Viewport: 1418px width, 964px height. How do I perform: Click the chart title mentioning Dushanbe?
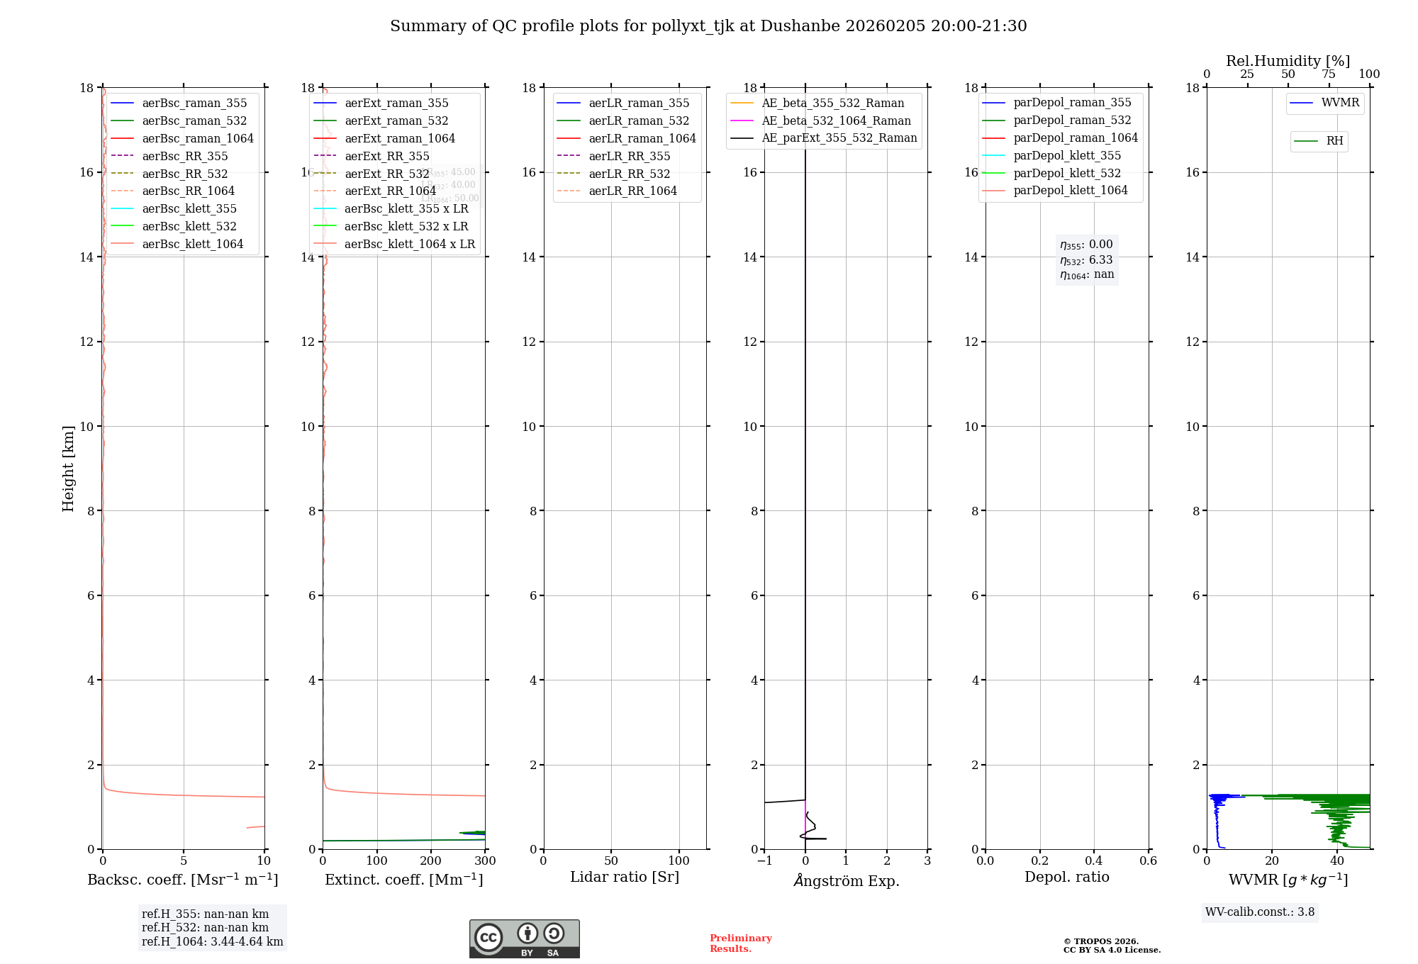[708, 26]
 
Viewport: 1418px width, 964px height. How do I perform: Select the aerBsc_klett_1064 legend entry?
[192, 244]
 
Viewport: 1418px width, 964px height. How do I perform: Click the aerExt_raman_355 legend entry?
[396, 103]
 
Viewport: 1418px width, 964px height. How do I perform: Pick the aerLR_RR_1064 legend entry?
[632, 191]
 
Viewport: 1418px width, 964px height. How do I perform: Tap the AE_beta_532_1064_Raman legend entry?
[836, 121]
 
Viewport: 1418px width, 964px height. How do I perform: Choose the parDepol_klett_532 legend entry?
[1067, 173]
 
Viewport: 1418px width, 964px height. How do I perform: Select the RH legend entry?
[1334, 141]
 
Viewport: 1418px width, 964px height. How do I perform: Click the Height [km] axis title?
[68, 469]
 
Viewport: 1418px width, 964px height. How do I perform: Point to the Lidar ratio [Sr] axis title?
[625, 878]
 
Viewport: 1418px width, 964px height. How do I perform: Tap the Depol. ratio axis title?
[1066, 878]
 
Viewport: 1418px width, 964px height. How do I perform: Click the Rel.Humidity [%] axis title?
[1288, 61]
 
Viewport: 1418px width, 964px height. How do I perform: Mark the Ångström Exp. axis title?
[846, 880]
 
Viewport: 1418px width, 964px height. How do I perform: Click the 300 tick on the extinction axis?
[485, 861]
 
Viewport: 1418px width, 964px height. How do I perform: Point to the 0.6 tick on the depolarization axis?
[1148, 861]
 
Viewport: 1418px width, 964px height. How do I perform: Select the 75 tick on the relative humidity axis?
[1329, 74]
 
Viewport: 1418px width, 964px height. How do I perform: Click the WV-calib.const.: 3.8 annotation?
[1260, 912]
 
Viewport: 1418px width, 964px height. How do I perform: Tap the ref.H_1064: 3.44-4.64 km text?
[212, 942]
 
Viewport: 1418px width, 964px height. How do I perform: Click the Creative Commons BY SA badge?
[525, 939]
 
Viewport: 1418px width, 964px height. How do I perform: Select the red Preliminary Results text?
[740, 943]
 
